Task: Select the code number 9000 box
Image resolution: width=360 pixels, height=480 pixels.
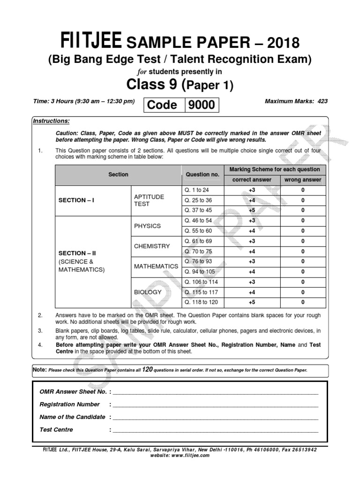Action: (x=202, y=105)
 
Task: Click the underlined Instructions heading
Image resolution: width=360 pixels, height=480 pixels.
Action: (x=51, y=121)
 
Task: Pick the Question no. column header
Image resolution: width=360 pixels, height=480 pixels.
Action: (x=202, y=174)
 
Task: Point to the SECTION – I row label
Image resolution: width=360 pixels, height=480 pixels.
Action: (x=76, y=200)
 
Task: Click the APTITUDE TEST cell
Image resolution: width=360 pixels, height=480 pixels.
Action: (x=149, y=200)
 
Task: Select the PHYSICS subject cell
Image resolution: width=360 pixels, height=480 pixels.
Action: (x=147, y=225)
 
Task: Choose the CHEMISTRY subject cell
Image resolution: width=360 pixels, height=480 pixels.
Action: (x=152, y=246)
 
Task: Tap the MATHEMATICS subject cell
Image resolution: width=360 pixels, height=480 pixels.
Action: (x=156, y=266)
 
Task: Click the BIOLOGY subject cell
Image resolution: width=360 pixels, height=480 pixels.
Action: (x=148, y=292)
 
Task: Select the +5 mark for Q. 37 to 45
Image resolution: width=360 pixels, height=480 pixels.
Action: (x=252, y=210)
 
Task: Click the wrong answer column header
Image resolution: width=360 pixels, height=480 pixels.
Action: (x=302, y=180)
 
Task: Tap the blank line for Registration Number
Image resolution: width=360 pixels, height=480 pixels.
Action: (x=215, y=405)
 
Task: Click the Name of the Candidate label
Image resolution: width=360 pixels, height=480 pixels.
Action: (x=72, y=417)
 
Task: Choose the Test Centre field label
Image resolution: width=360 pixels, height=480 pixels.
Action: (x=56, y=429)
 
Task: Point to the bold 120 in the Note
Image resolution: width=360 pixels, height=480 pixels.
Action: (x=147, y=369)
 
